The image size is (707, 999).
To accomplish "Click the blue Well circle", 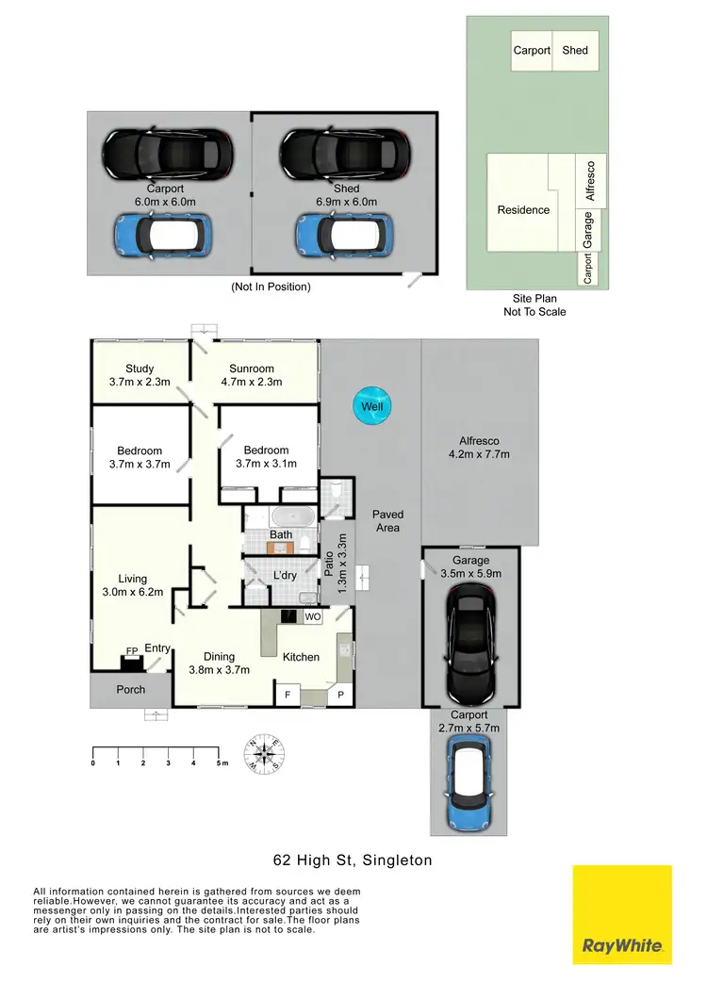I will coord(371,406).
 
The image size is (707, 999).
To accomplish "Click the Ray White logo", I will coord(622,914).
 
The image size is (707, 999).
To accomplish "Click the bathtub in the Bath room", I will coord(283,517).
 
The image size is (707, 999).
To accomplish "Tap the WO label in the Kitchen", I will coord(312,616).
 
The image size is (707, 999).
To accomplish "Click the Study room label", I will coord(140,368).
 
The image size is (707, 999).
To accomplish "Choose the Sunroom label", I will coord(252,368).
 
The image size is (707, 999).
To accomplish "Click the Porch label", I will coord(131,689).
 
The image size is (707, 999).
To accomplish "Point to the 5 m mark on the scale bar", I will coord(219,762).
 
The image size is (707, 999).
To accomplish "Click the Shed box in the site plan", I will coord(575,51).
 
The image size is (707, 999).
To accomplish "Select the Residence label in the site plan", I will coord(523,210).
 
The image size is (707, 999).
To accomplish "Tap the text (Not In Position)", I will coord(271,287).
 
